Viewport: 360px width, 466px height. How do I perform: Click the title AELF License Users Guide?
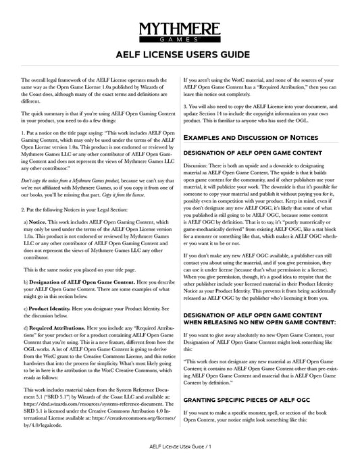tap(180, 53)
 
